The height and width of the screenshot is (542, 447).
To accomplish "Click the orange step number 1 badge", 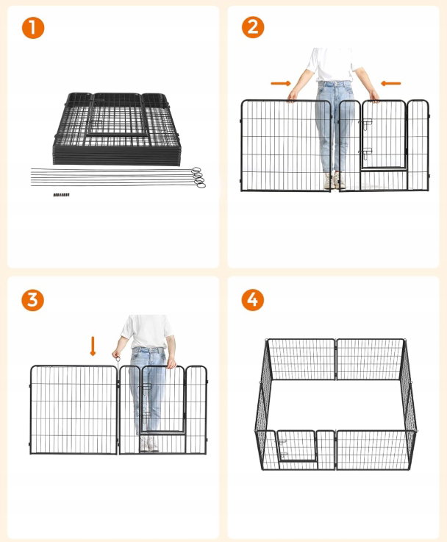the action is [x=33, y=28].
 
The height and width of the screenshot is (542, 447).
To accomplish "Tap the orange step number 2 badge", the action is [x=253, y=27].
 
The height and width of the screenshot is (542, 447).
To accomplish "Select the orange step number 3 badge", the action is [x=33, y=300].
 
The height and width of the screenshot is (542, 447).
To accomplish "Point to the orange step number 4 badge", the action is [x=252, y=299].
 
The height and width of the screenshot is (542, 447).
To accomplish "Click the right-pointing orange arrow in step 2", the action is [x=281, y=83].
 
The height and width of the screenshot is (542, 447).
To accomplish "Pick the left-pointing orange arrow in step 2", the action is [x=390, y=83].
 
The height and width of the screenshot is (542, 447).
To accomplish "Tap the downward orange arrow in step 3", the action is [x=93, y=346].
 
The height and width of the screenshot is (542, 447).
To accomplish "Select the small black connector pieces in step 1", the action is [x=61, y=195].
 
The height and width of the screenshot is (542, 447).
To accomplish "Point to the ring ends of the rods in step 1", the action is [x=199, y=178].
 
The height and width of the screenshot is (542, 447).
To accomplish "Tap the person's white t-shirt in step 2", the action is [x=332, y=65].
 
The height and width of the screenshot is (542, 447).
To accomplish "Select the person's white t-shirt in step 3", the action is [x=147, y=331].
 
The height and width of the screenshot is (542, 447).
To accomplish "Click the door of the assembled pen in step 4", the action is [x=296, y=446].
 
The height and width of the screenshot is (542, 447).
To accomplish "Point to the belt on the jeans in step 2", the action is [x=334, y=83].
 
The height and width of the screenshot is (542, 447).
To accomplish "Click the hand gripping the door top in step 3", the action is [x=171, y=363].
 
